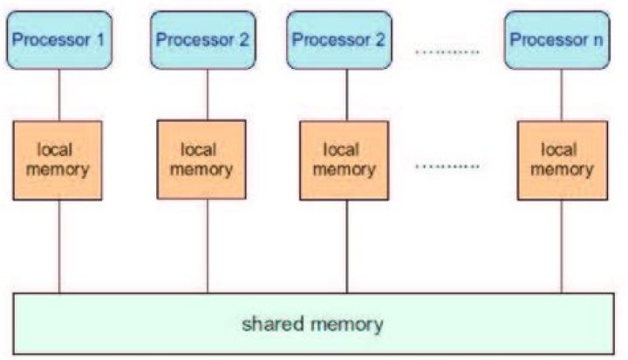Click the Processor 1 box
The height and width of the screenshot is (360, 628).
(x=58, y=40)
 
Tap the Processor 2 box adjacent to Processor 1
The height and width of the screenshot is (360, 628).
(x=202, y=40)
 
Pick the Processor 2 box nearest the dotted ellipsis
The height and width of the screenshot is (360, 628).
(x=347, y=40)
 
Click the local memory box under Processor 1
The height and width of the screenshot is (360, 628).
(x=58, y=160)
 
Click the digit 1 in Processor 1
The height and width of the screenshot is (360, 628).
(x=99, y=40)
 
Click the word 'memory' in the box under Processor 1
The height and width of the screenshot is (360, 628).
(x=58, y=169)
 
